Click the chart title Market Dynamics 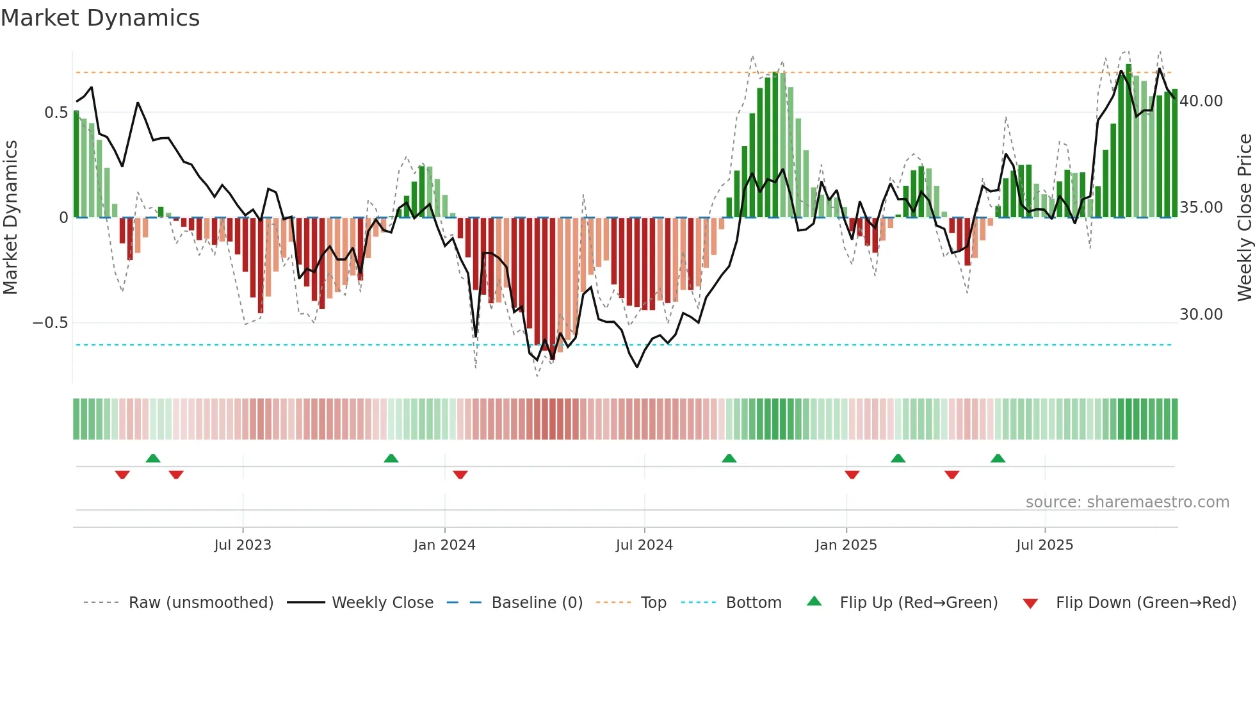100,18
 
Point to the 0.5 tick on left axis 56,113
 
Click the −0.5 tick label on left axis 51,322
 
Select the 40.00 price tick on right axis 1201,101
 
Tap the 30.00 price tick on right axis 1201,315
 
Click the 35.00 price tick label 1201,208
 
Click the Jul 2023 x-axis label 243,545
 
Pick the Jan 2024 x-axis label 444,545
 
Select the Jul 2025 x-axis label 1044,545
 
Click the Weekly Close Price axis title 1244,218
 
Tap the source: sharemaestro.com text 1127,502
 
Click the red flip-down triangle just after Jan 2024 460,475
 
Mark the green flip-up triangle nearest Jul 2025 998,458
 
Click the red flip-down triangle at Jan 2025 852,475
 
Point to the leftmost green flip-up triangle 153,458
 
